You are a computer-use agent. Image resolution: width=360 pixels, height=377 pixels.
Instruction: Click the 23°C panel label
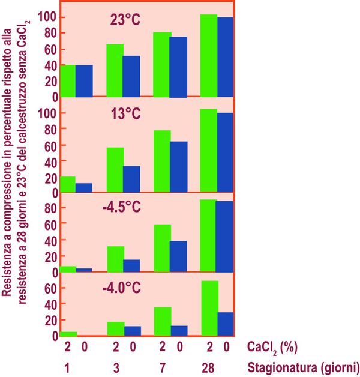tap(125, 20)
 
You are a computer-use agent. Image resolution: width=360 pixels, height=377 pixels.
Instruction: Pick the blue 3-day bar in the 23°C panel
tap(131, 76)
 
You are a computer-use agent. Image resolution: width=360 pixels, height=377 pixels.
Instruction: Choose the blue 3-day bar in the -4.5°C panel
tap(131, 265)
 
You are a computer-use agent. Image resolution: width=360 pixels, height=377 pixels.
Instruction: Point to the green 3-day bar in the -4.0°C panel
tap(115, 328)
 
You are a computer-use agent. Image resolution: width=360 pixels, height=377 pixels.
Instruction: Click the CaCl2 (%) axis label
tap(272, 347)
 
